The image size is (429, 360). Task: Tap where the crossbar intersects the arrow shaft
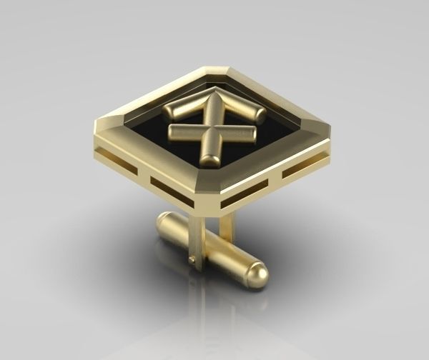tap(212, 133)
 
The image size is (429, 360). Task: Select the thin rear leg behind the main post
tap(226, 227)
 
